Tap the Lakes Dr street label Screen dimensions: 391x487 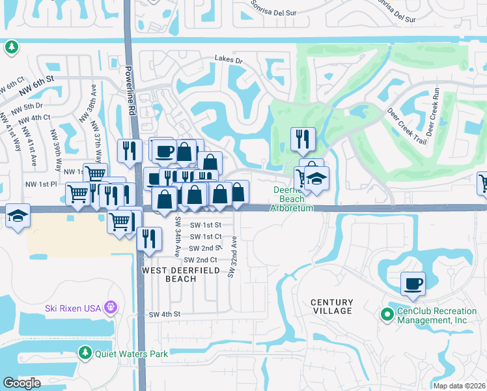(x=229, y=59)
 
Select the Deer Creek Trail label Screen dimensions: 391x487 (x=405, y=126)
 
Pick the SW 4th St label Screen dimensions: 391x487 (x=164, y=314)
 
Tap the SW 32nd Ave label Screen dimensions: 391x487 (x=231, y=257)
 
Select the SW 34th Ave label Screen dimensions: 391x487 (x=176, y=236)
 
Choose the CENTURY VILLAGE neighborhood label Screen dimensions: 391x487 (x=331, y=306)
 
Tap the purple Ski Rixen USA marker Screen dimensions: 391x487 (x=111, y=306)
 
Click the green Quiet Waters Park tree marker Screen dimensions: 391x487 (x=85, y=353)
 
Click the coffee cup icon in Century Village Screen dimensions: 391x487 (x=413, y=283)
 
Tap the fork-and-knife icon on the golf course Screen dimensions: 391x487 (x=303, y=138)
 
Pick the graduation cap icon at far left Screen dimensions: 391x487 (x=17, y=215)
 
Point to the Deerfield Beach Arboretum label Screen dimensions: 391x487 (x=292, y=199)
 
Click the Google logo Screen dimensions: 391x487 (x=21, y=383)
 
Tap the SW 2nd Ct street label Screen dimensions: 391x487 (x=200, y=260)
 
